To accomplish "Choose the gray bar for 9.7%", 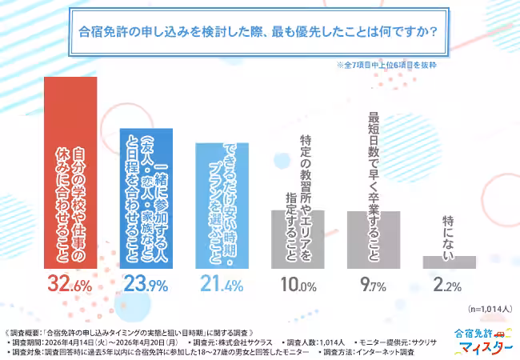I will [374, 239].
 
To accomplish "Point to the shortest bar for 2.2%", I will [449, 262].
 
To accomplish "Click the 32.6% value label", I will [70, 286].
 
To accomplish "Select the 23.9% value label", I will [146, 286].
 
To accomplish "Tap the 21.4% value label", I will [222, 286].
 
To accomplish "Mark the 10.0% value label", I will [298, 286].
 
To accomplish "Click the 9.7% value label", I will [374, 286].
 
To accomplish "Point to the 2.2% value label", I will [449, 286].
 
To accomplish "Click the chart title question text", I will [260, 34].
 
